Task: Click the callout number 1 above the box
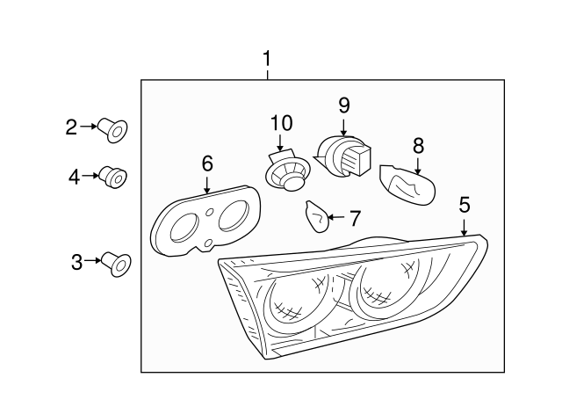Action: pos(268,60)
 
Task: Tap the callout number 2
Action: pos(72,127)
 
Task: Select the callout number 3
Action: pos(76,261)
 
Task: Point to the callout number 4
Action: pos(74,177)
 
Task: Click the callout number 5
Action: pos(465,205)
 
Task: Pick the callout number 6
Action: pos(207,163)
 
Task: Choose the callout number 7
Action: pos(355,217)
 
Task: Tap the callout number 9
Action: pos(344,105)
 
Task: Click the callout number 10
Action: pos(281,122)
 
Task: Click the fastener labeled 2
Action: pos(114,130)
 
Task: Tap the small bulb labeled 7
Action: pos(317,214)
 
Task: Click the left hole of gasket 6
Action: pos(184,227)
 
